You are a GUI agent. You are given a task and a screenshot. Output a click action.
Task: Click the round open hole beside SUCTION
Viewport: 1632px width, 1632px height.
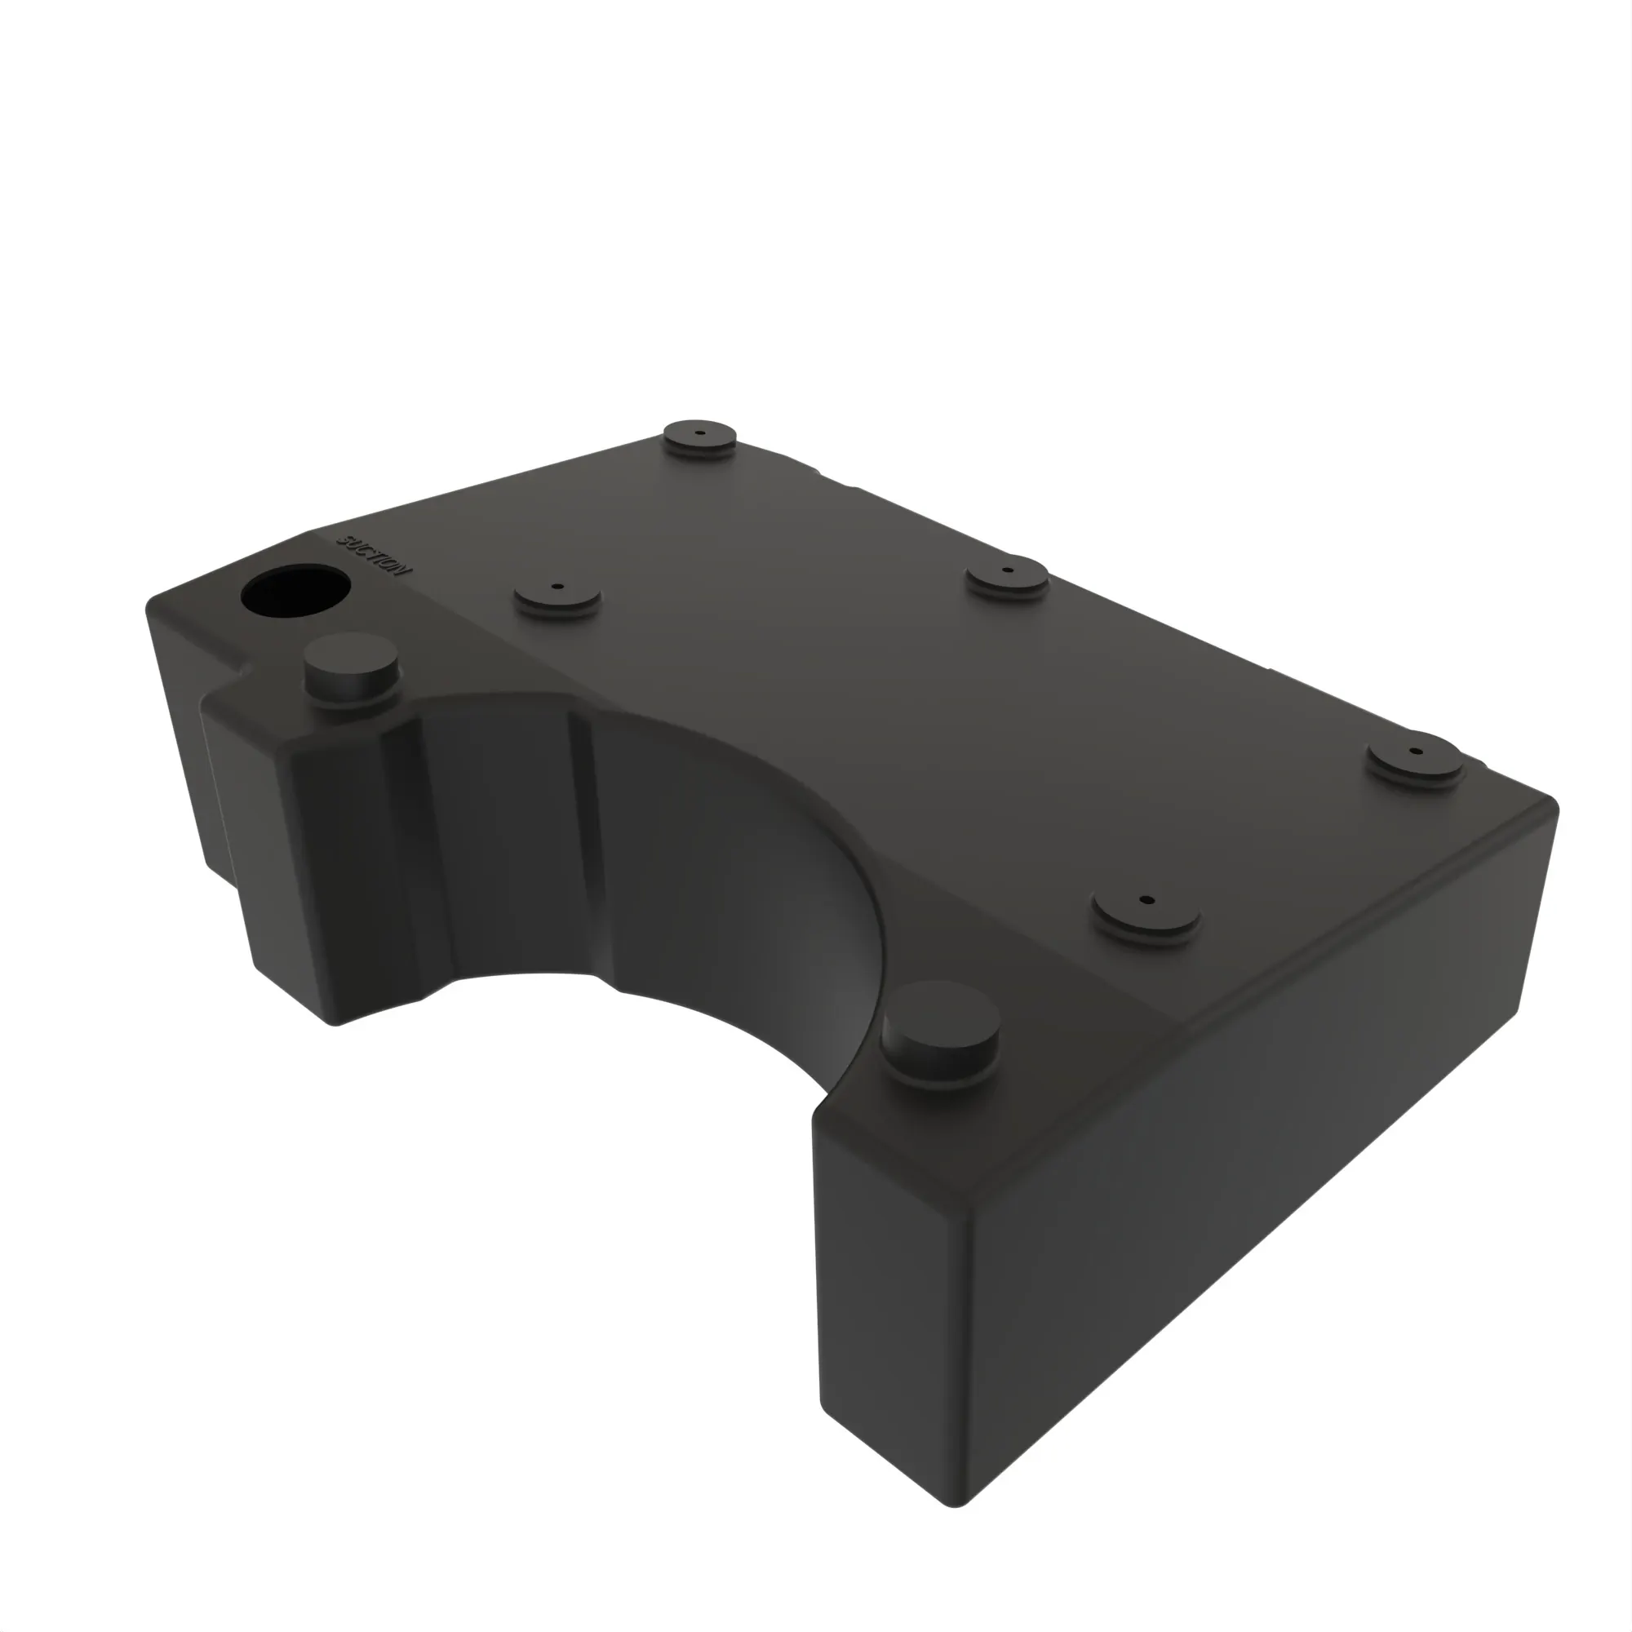pos(295,591)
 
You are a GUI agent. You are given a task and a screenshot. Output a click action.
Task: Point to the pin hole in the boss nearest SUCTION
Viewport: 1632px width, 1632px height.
pos(557,585)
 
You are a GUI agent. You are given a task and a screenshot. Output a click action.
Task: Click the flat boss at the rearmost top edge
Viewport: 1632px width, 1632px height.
pos(699,438)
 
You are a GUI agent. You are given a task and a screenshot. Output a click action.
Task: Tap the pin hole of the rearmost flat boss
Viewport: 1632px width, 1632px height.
pos(699,432)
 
